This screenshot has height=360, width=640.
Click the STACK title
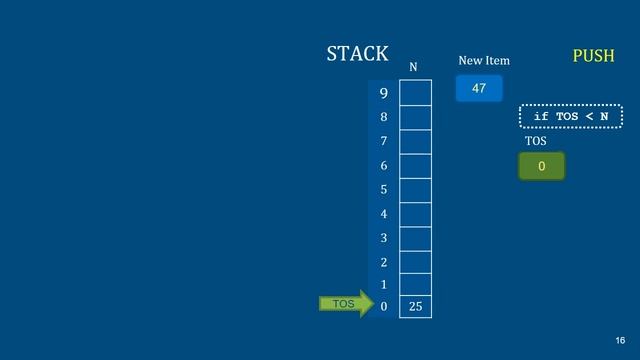(357, 54)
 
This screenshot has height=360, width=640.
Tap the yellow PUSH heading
(593, 56)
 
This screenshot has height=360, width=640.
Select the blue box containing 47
(478, 89)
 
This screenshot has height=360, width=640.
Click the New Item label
(484, 61)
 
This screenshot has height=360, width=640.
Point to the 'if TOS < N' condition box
(570, 117)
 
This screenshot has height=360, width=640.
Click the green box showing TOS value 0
(541, 166)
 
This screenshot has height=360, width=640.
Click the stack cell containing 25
(415, 306)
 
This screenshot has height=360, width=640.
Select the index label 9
(383, 94)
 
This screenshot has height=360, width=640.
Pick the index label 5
(383, 189)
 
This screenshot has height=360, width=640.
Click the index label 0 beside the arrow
(383, 306)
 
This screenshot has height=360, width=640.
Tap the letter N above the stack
(414, 68)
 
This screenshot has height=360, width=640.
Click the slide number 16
(621, 341)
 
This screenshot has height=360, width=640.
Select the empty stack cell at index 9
(415, 93)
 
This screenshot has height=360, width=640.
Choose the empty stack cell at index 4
(415, 214)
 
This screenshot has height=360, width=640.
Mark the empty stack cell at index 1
(415, 284)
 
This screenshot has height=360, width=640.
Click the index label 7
(383, 141)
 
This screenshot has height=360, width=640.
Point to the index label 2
(383, 262)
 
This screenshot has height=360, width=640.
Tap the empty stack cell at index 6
(415, 166)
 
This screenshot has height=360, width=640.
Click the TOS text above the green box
(536, 141)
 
